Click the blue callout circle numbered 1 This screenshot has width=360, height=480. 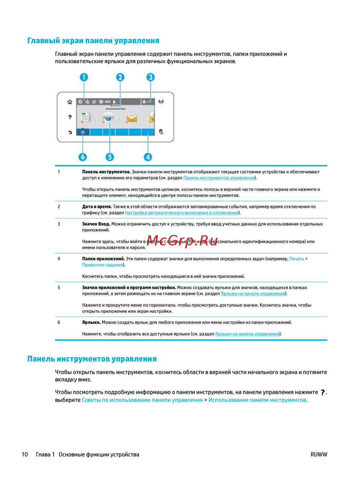point(84,77)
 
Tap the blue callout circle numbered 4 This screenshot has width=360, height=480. point(148,157)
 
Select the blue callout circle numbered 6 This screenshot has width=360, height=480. point(83,157)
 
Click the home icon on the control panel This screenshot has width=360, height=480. point(70,102)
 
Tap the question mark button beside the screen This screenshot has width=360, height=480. point(70,117)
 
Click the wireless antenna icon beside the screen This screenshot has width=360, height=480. point(161,102)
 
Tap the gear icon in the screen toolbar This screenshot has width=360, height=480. point(80,102)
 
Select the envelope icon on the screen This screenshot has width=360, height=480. point(132,117)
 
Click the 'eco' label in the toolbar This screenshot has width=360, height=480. point(108,102)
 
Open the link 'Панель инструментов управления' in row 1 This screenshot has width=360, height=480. point(219,178)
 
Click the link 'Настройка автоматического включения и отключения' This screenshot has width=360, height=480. point(181,213)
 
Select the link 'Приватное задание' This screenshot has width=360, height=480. point(103,265)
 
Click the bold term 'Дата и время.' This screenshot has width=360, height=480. point(97,207)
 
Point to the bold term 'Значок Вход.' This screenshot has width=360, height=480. point(96,224)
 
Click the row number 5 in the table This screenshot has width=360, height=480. point(59,288)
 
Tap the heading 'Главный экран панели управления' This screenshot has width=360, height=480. point(93,41)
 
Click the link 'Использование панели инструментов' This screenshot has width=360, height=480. point(257,400)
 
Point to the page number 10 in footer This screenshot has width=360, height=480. point(25,454)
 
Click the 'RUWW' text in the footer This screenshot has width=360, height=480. point(319,454)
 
